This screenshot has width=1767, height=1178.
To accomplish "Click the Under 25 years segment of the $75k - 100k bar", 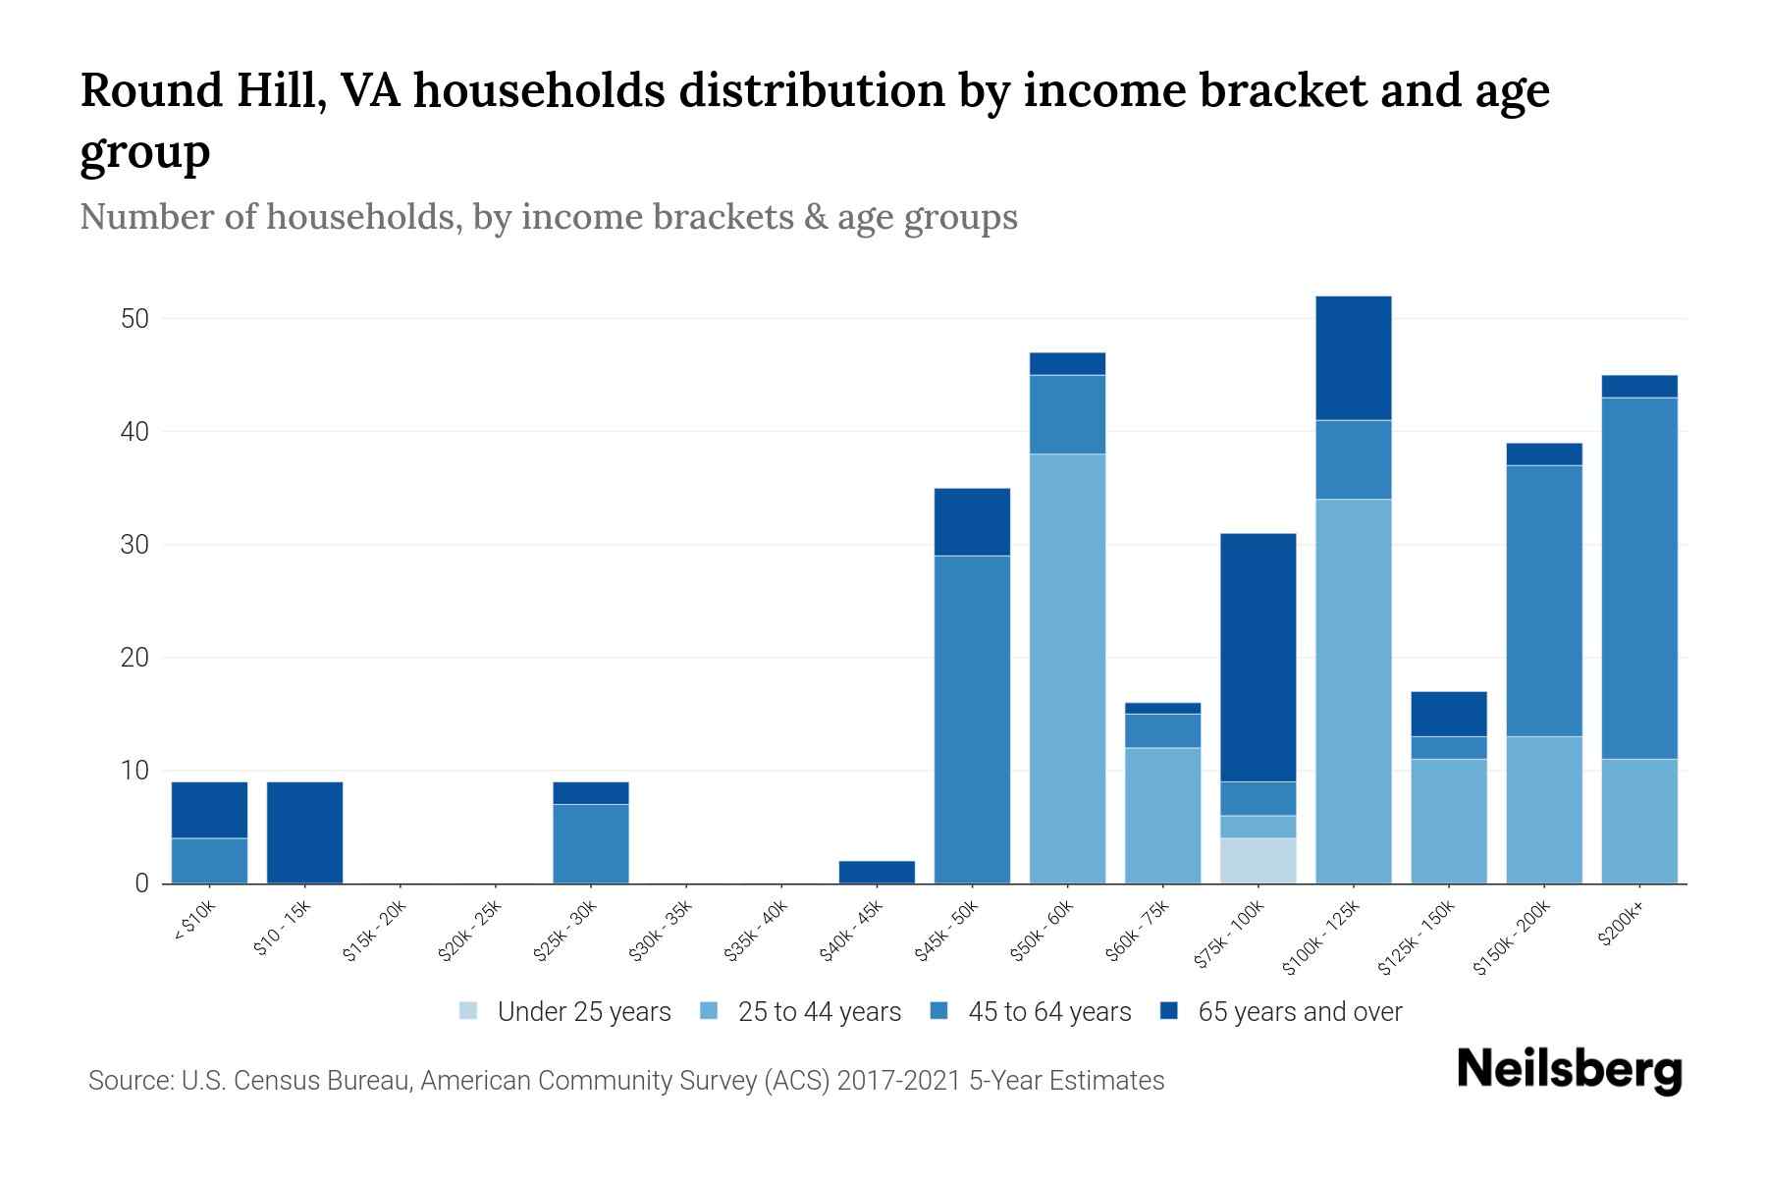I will (1258, 860).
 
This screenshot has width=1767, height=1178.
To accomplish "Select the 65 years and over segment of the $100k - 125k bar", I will (1353, 358).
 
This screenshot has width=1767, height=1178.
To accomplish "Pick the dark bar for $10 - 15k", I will (304, 832).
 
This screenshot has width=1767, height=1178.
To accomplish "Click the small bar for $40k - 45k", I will (877, 872).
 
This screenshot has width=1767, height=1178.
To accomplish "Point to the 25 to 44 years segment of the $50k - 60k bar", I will (1067, 668).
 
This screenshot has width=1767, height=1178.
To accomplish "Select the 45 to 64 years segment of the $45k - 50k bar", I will (972, 719).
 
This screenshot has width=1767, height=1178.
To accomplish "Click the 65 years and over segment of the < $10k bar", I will (209, 810).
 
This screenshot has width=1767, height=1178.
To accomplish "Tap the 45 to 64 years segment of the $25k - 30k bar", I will (590, 843).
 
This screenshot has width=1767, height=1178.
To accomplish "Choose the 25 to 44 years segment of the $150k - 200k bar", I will (1543, 809).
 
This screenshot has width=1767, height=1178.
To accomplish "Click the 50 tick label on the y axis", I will (134, 319).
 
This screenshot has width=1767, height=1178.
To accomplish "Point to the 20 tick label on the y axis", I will (134, 658).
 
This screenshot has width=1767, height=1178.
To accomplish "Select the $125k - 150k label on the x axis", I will (1419, 937).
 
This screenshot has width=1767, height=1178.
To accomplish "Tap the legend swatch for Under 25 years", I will (469, 1011).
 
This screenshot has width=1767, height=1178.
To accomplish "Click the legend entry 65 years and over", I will (1299, 1012).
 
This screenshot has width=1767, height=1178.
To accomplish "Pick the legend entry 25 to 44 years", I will (819, 1012).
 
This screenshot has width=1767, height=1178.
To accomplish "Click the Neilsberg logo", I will (1569, 1070).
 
